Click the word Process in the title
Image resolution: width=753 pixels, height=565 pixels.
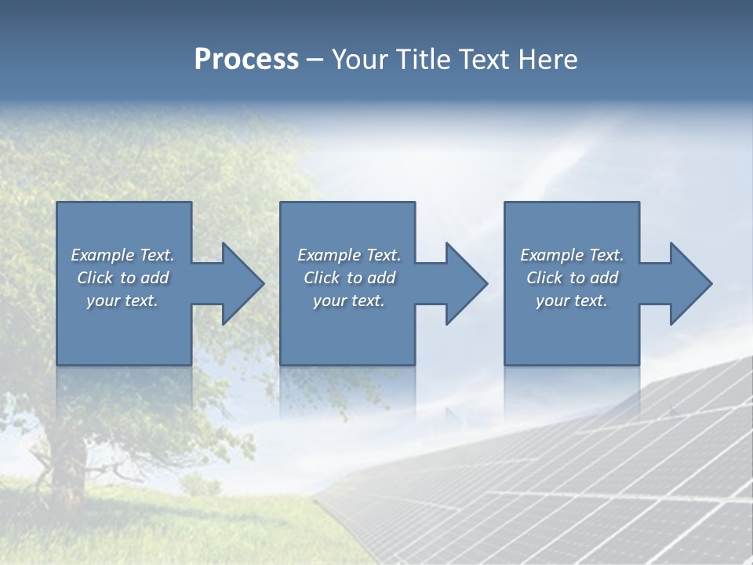click(x=246, y=60)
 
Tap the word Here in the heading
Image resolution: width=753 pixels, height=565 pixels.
click(x=548, y=60)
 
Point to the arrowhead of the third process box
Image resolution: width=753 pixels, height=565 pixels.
click(x=689, y=283)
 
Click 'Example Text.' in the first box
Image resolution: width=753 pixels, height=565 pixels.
click(x=122, y=255)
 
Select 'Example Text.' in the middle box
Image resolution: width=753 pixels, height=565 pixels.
click(x=349, y=255)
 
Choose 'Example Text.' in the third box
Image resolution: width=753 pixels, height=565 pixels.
click(x=572, y=255)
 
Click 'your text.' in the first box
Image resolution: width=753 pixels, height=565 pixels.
click(x=122, y=301)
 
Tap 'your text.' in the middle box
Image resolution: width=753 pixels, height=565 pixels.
click(x=349, y=301)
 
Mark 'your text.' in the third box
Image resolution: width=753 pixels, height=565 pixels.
click(x=572, y=301)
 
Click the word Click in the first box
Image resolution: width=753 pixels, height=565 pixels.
click(x=94, y=278)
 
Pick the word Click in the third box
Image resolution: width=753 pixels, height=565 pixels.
click(x=544, y=278)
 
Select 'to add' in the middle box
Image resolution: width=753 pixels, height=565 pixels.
click(x=371, y=278)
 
